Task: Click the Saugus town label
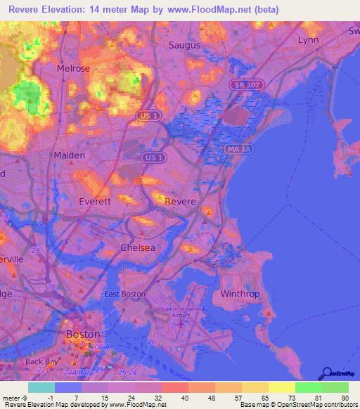(185, 45)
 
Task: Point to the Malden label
(70, 155)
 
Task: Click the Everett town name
(75, 201)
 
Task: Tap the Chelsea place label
(137, 248)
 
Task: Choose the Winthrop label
(240, 293)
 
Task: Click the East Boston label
(124, 294)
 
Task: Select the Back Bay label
(40, 361)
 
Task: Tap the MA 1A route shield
(239, 150)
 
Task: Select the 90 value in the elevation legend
(344, 398)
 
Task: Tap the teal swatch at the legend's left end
(41, 387)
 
